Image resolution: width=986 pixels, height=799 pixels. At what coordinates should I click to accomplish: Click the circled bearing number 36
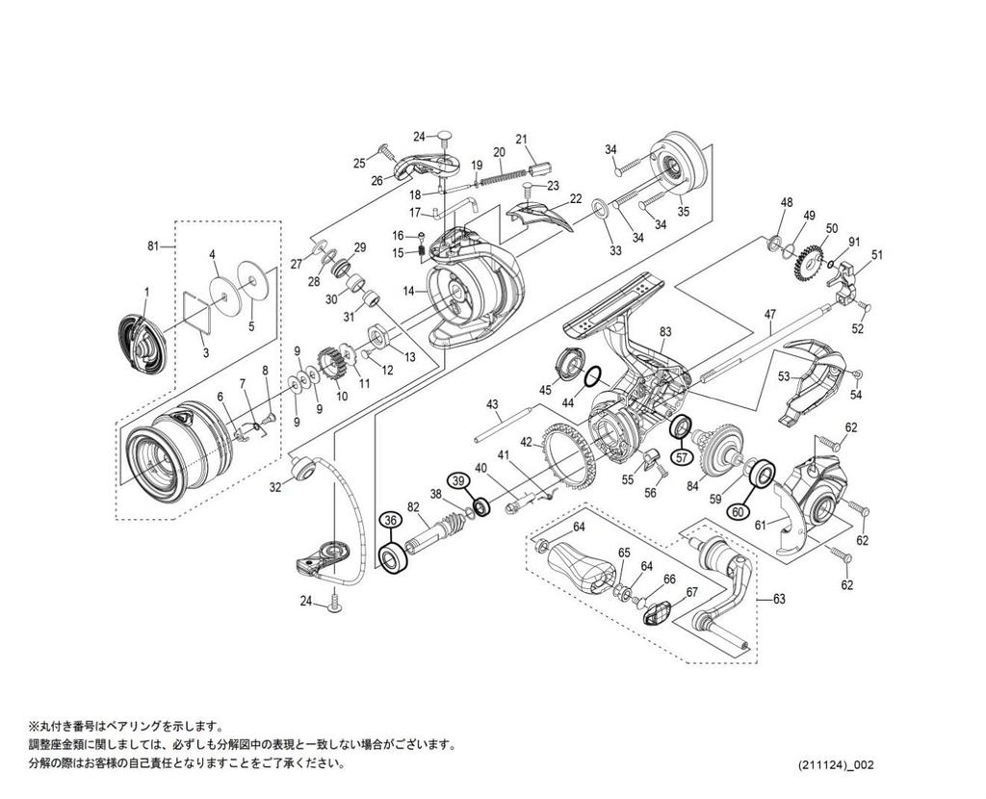(390, 520)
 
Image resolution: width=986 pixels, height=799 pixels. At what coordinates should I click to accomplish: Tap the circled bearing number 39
(458, 480)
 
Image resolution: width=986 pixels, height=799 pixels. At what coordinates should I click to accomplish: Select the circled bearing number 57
(681, 456)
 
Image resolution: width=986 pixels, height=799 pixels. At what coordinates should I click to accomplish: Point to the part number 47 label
(769, 315)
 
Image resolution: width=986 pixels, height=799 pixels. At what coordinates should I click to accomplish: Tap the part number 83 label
(664, 331)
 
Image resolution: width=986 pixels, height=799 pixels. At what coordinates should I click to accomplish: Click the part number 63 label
(779, 600)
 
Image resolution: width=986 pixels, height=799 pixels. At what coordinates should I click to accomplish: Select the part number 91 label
(853, 242)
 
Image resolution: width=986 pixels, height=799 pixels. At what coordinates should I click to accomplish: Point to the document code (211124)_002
(836, 765)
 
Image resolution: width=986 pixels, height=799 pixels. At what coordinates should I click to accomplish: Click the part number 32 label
(274, 487)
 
